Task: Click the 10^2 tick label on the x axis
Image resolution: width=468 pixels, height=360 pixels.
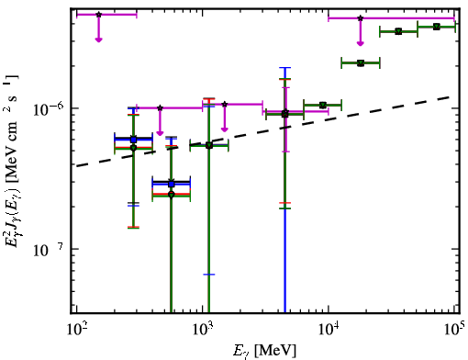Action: [x=77, y=330]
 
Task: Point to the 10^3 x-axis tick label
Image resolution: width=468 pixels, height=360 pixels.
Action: [x=203, y=330]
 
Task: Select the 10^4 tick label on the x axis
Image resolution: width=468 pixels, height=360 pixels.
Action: [x=329, y=330]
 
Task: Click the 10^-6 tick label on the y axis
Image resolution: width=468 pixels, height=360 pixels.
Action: [x=48, y=109]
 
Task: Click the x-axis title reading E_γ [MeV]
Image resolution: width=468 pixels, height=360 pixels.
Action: [x=264, y=351]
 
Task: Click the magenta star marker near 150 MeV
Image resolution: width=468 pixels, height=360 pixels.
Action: [x=98, y=15]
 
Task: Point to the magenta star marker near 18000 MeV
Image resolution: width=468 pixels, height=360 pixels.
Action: [x=361, y=18]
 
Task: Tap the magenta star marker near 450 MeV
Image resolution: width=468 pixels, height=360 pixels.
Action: [x=160, y=107]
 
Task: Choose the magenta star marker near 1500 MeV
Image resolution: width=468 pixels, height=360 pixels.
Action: [x=225, y=105]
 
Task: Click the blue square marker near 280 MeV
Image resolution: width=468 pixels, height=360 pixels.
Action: [x=133, y=140]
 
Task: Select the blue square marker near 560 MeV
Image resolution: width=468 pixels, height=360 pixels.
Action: [x=172, y=184]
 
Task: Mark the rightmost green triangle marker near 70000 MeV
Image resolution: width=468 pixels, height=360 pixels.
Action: [x=437, y=27]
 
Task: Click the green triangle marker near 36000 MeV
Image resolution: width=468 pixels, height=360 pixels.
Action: [x=398, y=31]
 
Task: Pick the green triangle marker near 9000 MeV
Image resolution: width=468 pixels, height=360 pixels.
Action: [x=322, y=106]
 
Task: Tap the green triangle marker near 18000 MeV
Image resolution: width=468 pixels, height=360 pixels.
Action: [x=361, y=63]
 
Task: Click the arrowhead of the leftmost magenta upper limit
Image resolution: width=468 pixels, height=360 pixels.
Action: [x=98, y=39]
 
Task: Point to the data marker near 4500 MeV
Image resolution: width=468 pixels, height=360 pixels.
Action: [x=284, y=114]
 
